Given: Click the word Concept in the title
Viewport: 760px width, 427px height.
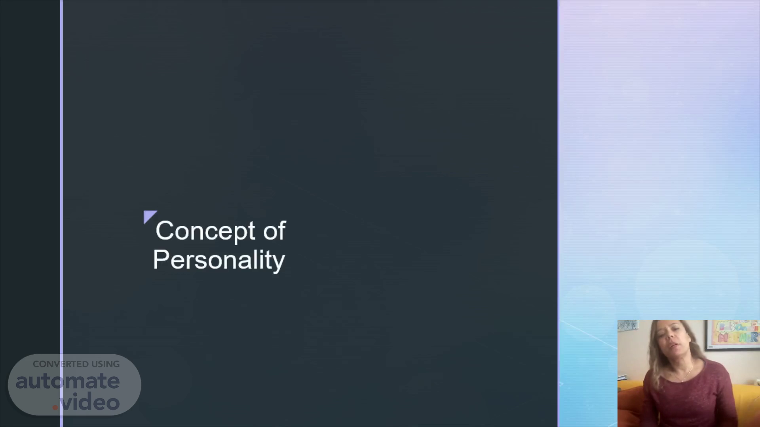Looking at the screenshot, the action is [x=205, y=231].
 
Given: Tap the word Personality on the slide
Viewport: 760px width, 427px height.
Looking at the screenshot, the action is [x=219, y=261].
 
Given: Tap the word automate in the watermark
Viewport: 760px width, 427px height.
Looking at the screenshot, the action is [x=68, y=382].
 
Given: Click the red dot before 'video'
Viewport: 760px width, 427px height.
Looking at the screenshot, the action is [x=55, y=407].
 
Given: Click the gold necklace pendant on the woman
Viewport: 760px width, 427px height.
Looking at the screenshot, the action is [x=682, y=380].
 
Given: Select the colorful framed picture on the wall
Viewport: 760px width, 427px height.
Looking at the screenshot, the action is [x=732, y=334].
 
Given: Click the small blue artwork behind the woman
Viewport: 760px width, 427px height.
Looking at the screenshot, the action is [x=628, y=325].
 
